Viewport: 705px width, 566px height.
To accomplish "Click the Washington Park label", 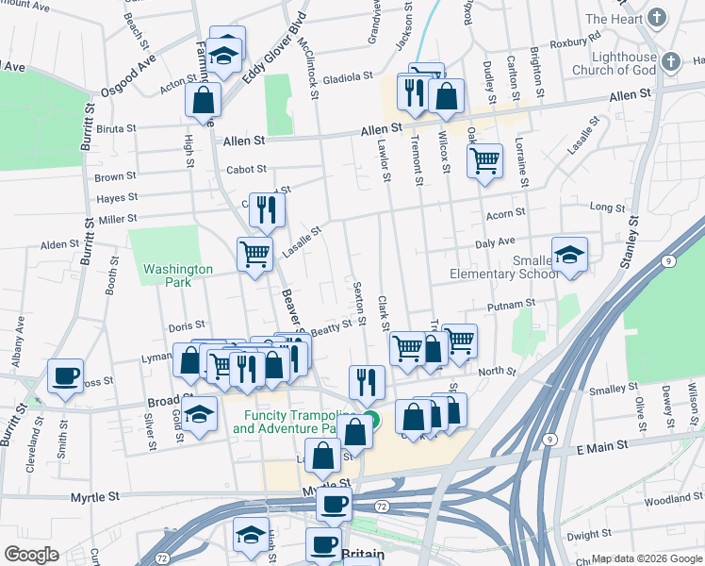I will point(167,275).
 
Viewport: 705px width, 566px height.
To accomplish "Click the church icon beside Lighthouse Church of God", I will point(670,62).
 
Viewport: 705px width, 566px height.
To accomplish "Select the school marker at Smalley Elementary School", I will point(569,255).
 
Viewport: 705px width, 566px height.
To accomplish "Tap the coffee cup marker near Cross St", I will point(65,376).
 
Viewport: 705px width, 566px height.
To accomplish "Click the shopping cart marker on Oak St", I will point(484,160).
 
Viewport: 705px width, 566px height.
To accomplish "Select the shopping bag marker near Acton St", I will point(203,99).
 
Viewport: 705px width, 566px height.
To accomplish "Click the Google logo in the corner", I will point(31,555).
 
